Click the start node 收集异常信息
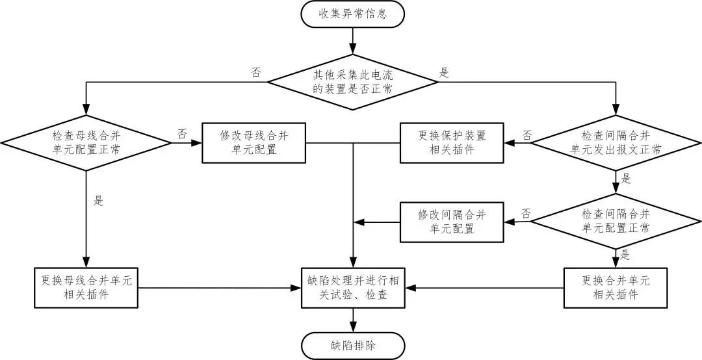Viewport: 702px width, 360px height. point(353,14)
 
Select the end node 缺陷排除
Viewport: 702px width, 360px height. point(353,345)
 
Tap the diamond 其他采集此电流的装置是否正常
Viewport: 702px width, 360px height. point(353,83)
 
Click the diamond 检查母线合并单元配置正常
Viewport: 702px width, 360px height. point(86,142)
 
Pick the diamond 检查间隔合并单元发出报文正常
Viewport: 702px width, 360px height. point(615,142)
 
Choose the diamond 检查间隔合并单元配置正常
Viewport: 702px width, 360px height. point(615,221)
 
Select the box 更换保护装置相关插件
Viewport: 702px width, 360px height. point(451,142)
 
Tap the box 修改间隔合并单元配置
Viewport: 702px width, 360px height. point(451,222)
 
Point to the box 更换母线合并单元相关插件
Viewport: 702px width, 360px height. point(86,287)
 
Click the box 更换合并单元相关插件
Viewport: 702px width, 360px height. point(615,287)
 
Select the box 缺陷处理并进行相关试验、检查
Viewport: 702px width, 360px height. point(353,287)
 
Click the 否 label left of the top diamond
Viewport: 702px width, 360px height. point(256,73)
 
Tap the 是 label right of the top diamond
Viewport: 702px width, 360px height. point(445,73)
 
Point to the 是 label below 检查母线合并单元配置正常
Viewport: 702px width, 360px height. point(98,201)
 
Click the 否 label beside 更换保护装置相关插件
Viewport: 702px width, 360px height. point(527,135)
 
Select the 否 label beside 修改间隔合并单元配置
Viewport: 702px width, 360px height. point(526,213)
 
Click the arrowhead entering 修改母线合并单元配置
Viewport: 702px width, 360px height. point(198,142)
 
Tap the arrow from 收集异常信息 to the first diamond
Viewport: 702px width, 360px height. point(353,41)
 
